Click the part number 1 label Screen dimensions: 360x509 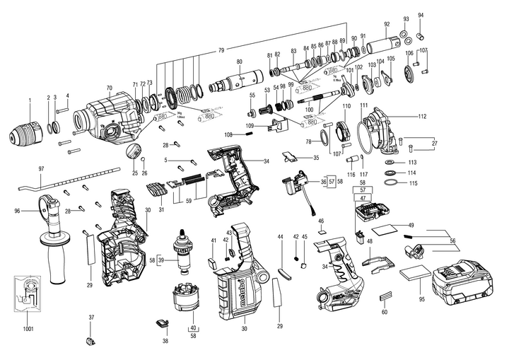click(x=30, y=98)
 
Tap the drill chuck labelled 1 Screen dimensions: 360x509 click(x=30, y=133)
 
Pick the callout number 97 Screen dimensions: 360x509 click(x=42, y=168)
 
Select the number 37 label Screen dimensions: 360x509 click(x=91, y=318)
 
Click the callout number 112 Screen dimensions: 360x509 click(x=422, y=116)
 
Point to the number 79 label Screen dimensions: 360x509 click(x=221, y=50)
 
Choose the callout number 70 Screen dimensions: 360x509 click(x=110, y=88)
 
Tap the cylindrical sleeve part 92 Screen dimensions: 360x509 click(x=387, y=47)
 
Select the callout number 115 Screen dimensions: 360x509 click(x=413, y=184)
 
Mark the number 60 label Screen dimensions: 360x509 click(x=385, y=311)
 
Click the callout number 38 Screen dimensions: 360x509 click(x=165, y=341)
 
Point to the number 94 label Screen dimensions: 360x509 click(x=421, y=15)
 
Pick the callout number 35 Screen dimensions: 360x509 click(x=316, y=158)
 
